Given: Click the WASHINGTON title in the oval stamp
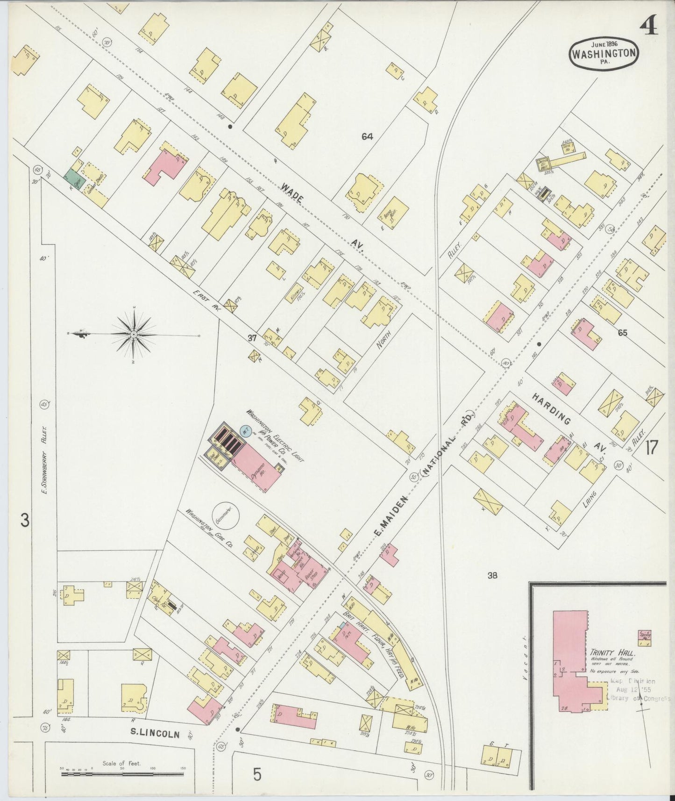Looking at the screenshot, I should tap(604, 53).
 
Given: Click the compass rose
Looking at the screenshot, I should tap(134, 335).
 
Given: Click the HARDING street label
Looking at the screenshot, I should tap(551, 408).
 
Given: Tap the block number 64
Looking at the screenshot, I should tap(367, 136).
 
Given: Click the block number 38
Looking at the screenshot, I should tap(492, 575).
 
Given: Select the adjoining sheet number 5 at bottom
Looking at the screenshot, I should tap(257, 775).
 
